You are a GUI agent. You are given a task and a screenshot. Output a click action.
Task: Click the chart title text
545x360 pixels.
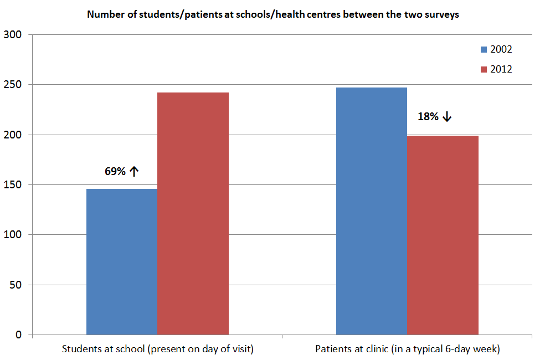point(273,15)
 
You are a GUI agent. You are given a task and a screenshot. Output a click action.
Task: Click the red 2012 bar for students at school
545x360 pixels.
point(193,213)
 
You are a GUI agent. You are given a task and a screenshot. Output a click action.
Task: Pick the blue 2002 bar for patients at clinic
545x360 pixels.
point(372,211)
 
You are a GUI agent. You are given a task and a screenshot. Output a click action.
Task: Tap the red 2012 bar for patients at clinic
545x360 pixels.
point(443,235)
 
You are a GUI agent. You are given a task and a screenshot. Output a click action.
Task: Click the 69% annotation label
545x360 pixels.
point(115,171)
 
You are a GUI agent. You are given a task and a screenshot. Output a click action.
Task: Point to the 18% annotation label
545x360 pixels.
point(428,117)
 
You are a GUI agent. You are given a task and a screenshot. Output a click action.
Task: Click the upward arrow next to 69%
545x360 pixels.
point(133,171)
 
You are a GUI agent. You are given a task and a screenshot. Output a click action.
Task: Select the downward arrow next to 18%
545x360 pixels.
point(447,117)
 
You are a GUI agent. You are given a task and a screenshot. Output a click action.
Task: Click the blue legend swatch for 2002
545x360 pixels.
point(484,49)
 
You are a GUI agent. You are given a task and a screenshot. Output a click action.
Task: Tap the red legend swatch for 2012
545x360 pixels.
point(484,70)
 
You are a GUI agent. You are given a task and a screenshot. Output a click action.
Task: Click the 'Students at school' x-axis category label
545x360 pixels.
point(157,349)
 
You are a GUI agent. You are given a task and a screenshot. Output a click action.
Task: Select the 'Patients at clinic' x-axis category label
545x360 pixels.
point(407,349)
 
